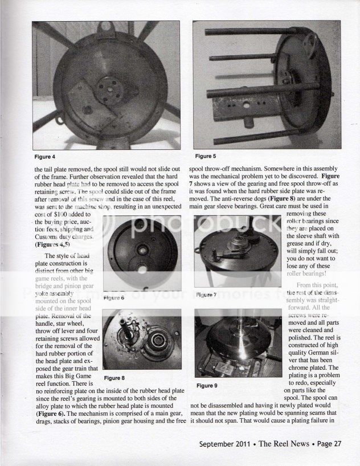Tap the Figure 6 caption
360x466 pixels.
114,297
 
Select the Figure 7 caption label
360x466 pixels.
207,295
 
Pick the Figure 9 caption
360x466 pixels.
207,386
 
